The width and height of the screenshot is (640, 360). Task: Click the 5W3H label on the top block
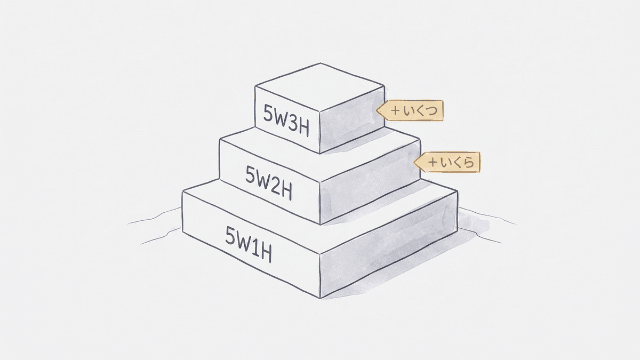coord(286,121)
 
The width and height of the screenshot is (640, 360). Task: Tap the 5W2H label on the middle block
coord(269,182)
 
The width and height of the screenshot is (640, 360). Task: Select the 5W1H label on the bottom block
coord(249,245)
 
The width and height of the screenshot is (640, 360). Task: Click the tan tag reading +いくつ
coord(410,110)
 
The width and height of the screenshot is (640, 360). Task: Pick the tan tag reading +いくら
coord(447,162)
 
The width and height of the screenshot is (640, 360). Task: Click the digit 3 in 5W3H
coord(292,123)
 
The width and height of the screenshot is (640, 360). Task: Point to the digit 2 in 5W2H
coord(275,185)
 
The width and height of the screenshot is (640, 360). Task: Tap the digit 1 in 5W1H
coord(255,247)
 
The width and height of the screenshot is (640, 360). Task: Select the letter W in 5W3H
coord(279,118)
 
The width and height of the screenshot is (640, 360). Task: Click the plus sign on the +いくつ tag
coord(396,110)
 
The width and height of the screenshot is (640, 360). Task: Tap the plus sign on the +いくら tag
coord(433,163)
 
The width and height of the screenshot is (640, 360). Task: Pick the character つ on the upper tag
coord(431,110)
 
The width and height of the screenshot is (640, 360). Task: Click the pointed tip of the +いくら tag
coord(414,163)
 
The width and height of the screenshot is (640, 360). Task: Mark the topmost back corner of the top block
coord(320,63)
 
